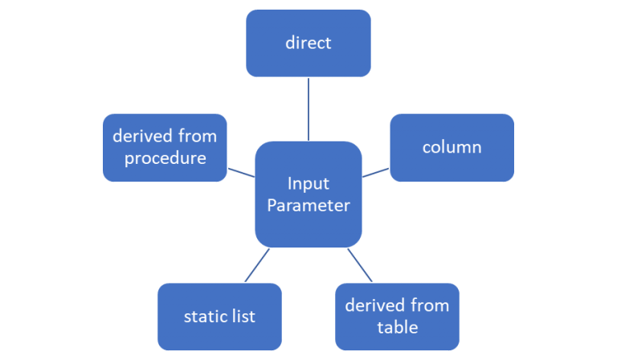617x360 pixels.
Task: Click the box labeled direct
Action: [x=308, y=43]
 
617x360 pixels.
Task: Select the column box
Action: [x=452, y=147]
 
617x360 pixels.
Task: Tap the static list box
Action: [x=219, y=316]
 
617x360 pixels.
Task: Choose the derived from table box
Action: [x=397, y=316]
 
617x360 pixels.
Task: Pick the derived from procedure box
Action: [x=165, y=147]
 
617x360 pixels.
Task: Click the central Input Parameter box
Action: [x=308, y=194]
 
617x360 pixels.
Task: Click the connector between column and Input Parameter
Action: [x=375, y=171]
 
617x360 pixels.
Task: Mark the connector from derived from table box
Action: [x=361, y=265]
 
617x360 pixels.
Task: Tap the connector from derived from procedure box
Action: [x=241, y=171]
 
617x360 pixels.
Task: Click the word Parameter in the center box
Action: [x=308, y=206]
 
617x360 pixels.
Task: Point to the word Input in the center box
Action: [x=308, y=183]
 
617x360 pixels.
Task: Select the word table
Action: [x=397, y=327]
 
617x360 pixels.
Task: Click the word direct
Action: [x=308, y=43]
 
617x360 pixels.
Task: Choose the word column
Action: [x=452, y=147]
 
